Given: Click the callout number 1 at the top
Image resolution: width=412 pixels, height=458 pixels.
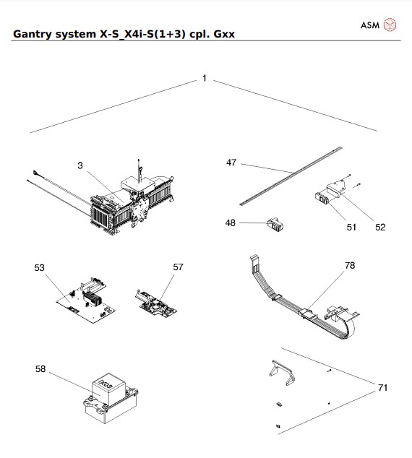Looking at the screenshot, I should point(205,78).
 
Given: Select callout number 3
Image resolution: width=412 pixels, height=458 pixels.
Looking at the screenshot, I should point(80,165).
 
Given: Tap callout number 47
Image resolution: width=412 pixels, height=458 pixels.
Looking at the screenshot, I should point(231,163).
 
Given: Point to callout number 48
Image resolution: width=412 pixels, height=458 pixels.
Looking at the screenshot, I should point(231,223).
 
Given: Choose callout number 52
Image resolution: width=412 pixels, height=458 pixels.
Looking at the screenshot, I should point(380,227).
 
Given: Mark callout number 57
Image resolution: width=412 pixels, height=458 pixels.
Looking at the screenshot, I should point(178,267).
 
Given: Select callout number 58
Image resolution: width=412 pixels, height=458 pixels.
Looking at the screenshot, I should point(41,369).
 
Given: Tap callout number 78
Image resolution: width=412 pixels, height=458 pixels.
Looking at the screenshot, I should point(350,266).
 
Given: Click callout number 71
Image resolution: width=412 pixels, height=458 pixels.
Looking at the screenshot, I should point(382,388).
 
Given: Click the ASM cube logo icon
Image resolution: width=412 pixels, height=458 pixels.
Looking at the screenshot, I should point(390,25).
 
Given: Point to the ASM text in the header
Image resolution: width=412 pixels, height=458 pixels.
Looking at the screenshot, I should point(370,25).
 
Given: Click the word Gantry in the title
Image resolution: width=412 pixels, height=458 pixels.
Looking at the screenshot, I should point(33,34).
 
